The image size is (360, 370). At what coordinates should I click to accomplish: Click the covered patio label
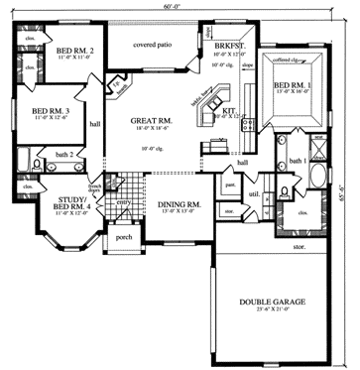click(x=152, y=45)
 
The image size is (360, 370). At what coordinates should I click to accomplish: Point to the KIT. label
click(x=228, y=111)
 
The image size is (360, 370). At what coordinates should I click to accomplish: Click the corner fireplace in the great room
click(x=119, y=86)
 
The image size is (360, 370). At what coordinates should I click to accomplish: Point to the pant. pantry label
click(x=229, y=185)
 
